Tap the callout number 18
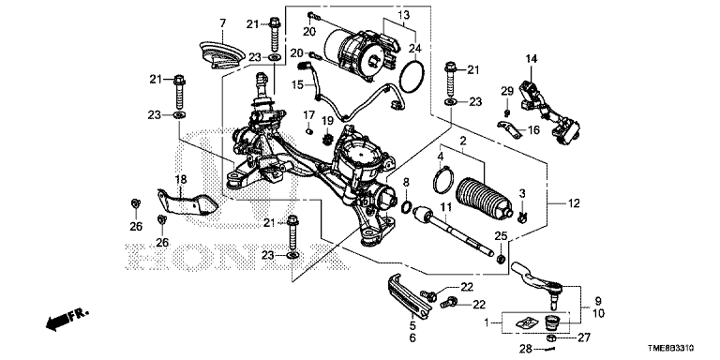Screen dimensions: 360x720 [x=181, y=179]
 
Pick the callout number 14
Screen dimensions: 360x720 [x=531, y=59]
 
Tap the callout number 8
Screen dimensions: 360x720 [x=407, y=184]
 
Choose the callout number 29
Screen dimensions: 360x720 [x=505, y=90]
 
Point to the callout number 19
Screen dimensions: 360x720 [x=328, y=121]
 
